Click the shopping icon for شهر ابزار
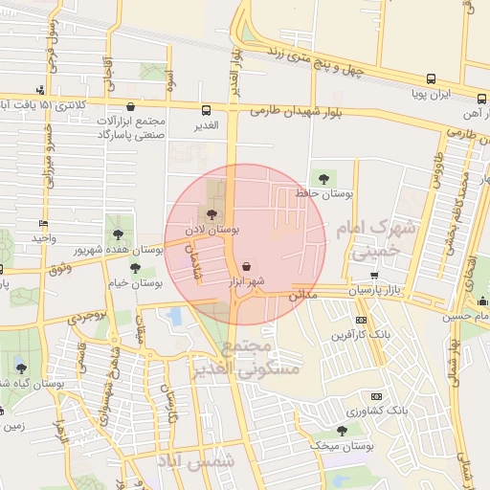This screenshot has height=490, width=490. pos(249,266)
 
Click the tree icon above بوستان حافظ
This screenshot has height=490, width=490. pos(323,178)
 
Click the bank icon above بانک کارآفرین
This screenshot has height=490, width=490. pos(361,320)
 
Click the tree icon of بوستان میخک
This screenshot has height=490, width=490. pos(342,432)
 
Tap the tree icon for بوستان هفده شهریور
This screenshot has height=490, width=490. pos(118,234)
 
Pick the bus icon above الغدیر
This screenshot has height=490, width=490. pos(207,110)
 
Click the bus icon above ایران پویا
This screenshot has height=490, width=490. pos(431,79)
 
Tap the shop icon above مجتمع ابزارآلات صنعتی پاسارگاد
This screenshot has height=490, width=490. pos(131,107)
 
